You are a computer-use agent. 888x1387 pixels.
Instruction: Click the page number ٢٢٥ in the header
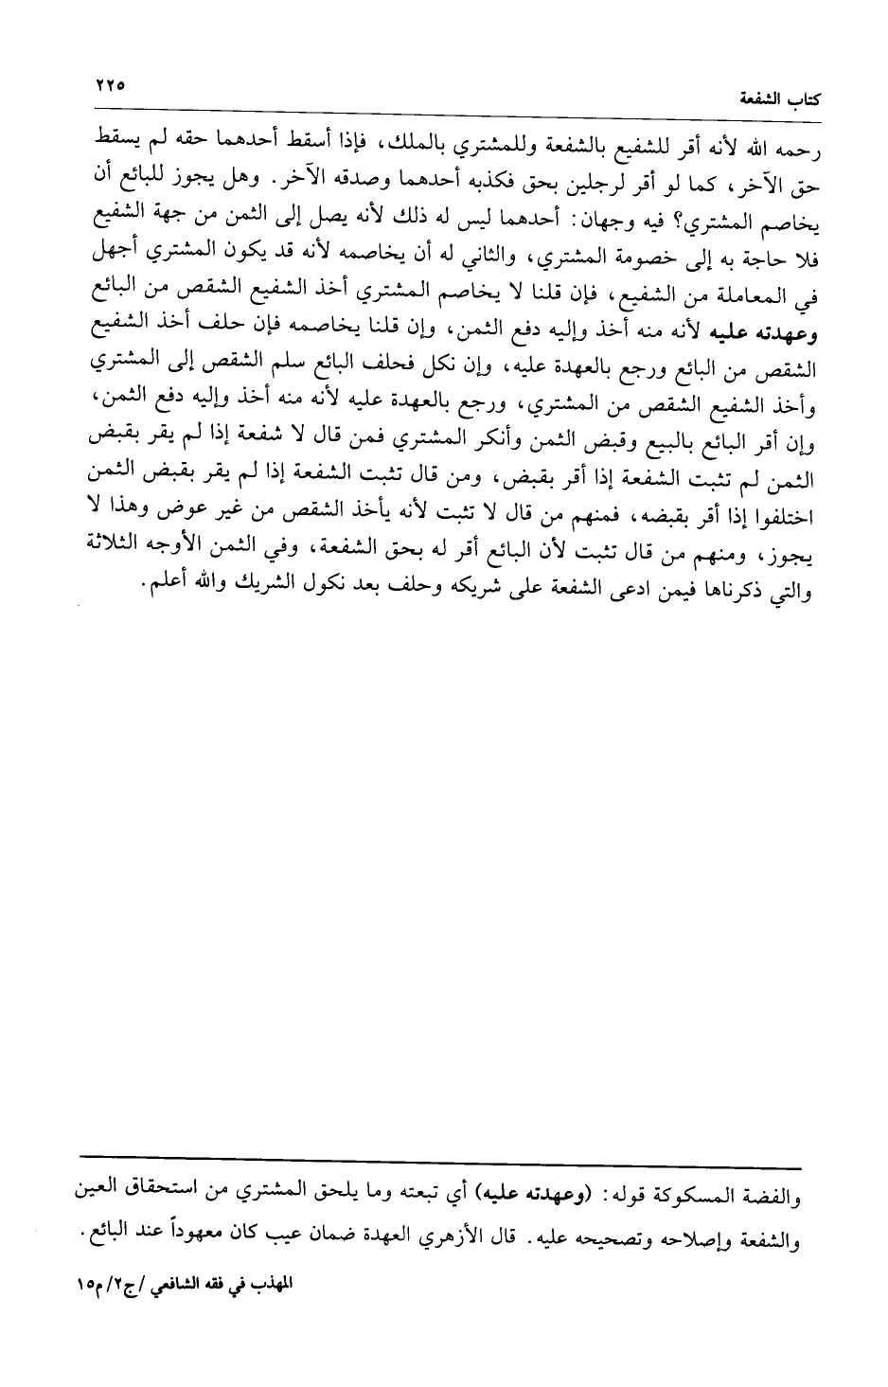click(x=110, y=84)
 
